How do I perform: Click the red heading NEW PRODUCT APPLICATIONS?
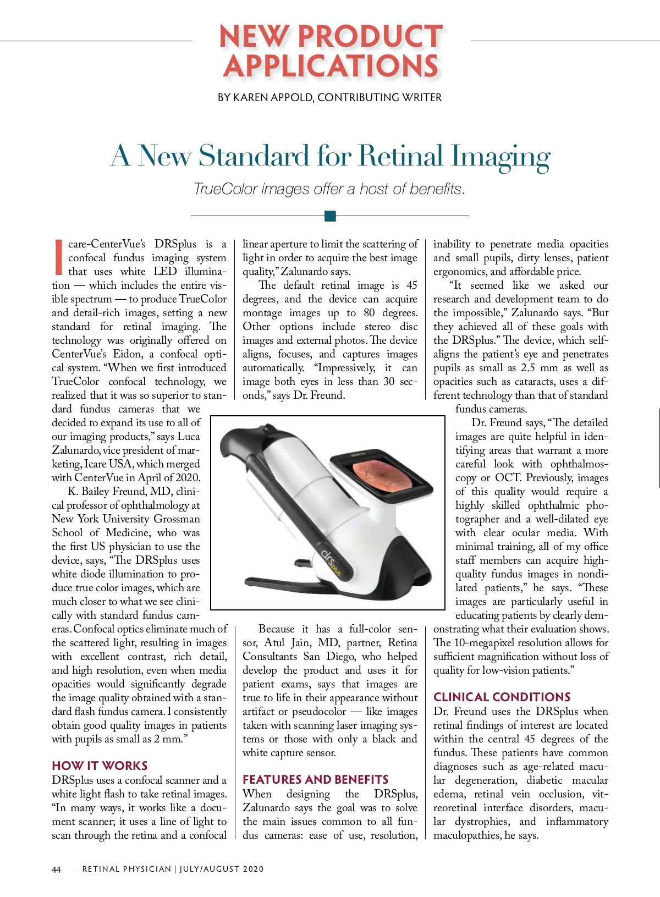pos(331,51)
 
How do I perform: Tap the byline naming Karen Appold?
pos(329,97)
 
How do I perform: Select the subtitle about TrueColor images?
pos(329,189)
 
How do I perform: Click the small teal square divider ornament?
pos(330,216)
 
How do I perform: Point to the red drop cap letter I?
pos(58,257)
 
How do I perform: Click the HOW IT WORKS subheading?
pos(100,766)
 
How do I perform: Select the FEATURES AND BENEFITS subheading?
pos(315,779)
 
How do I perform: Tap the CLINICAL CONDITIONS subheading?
pos(502,697)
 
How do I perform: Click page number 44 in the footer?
pos(56,870)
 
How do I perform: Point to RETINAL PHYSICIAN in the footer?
pos(127,869)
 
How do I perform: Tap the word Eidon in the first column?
pos(128,354)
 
